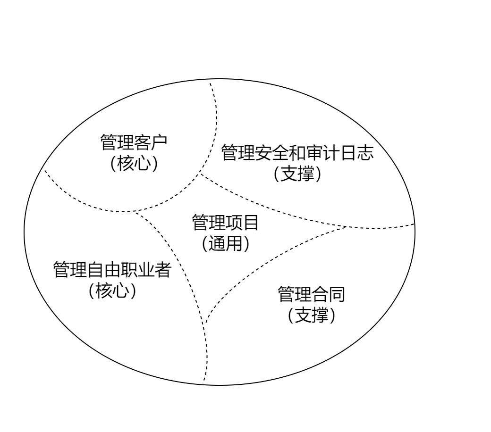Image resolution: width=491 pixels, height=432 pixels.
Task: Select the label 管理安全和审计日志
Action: [298, 153]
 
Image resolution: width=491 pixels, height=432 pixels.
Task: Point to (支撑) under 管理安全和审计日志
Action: [298, 174]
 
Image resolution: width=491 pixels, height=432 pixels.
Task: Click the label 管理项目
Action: [225, 223]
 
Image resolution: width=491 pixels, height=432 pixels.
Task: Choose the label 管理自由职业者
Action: [112, 270]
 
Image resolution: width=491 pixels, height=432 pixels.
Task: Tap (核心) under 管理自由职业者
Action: [112, 291]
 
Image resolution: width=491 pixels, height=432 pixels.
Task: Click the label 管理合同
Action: [312, 294]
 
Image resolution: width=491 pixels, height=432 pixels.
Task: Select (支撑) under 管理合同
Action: [312, 316]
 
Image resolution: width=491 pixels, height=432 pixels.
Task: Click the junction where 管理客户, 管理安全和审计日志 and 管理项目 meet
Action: [201, 174]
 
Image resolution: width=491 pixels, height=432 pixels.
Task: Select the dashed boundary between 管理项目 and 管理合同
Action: [264, 264]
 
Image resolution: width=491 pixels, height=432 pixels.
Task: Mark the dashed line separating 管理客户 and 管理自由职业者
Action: [80, 200]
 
